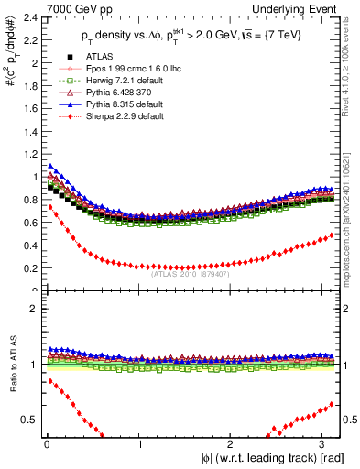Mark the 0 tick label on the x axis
point(46,445)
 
